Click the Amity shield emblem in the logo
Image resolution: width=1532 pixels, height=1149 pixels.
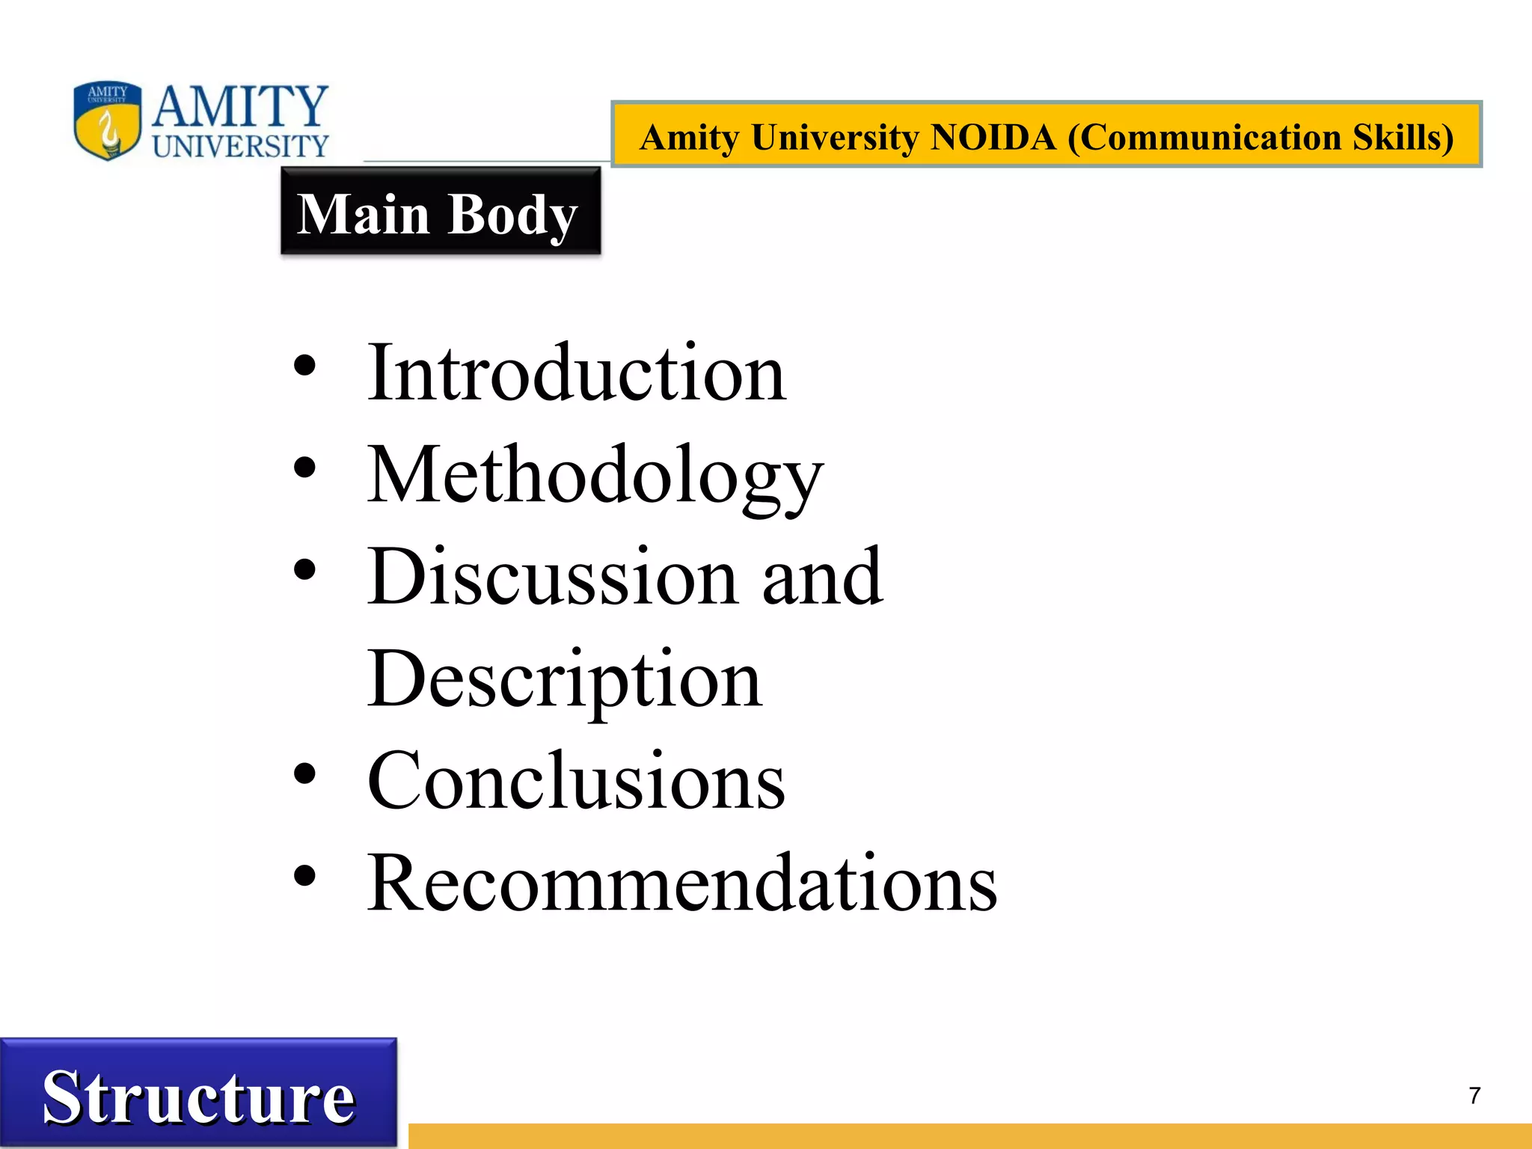click(x=107, y=121)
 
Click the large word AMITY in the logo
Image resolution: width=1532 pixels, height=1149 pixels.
click(x=240, y=106)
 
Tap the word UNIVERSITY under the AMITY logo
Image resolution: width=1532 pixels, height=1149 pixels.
click(x=240, y=146)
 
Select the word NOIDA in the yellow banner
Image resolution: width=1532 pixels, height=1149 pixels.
click(x=993, y=138)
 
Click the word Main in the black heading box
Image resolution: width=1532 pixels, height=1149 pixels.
click(x=364, y=214)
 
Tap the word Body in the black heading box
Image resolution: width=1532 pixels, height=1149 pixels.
click(x=513, y=215)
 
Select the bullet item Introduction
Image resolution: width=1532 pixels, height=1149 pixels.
click(x=576, y=373)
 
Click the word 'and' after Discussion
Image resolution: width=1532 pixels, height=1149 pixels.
click(x=822, y=577)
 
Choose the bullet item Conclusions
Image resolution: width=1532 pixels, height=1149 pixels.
click(x=576, y=782)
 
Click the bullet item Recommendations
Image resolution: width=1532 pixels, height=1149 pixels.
click(x=681, y=884)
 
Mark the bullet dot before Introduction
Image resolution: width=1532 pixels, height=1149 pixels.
click(x=304, y=367)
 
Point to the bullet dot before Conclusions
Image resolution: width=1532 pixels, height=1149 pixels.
click(x=304, y=774)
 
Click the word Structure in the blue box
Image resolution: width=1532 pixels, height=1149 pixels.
click(x=198, y=1097)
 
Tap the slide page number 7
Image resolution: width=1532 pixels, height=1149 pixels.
click(x=1474, y=1096)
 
